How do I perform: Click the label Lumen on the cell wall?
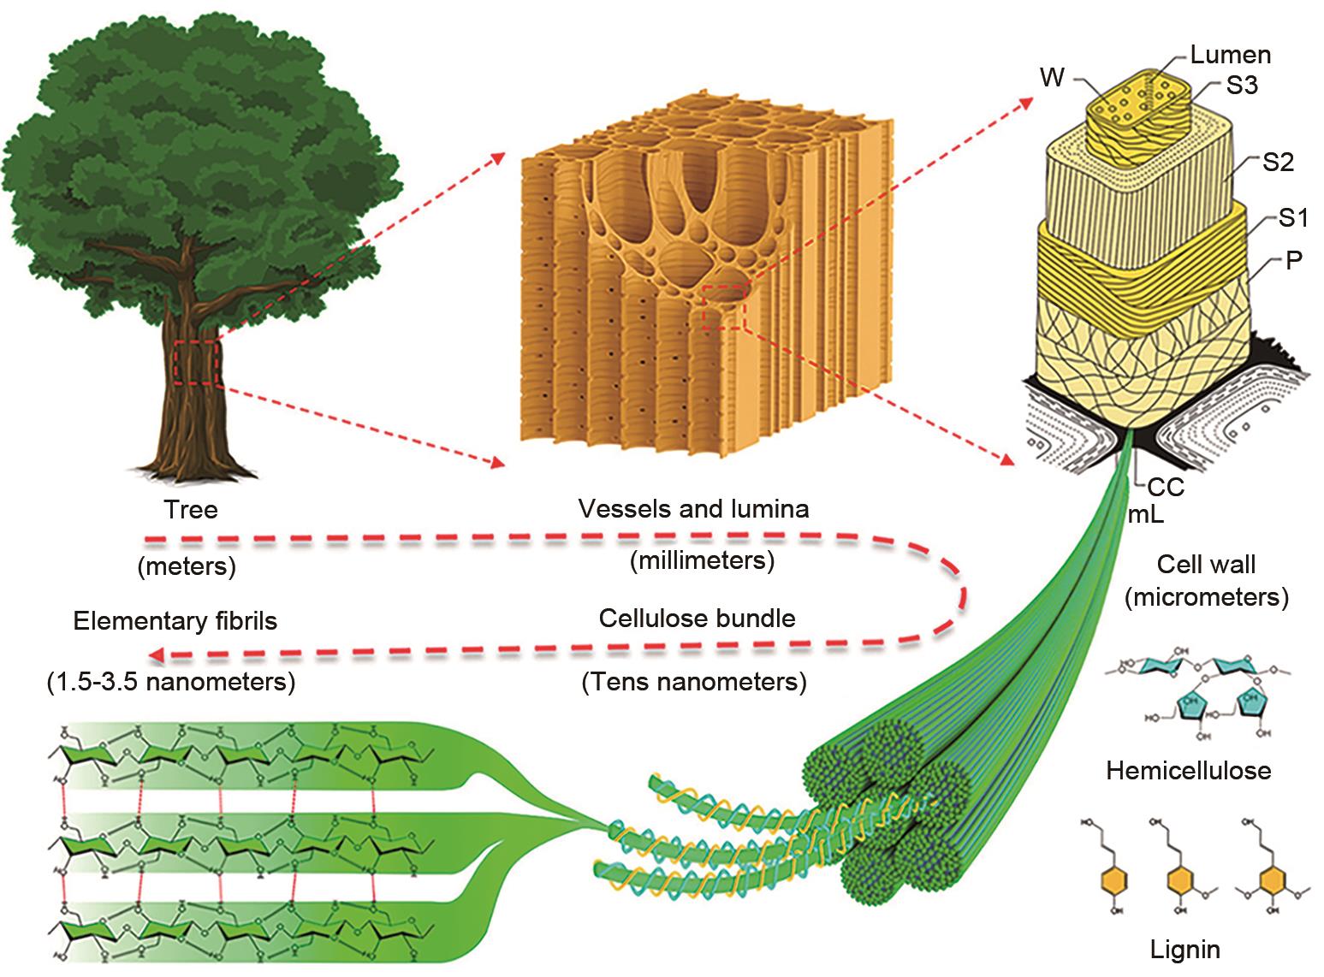(1230, 56)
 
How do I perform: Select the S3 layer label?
(1241, 86)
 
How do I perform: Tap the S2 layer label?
(1278, 162)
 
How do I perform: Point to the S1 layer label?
(1293, 219)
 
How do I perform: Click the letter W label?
(1053, 78)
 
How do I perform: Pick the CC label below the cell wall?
(1166, 488)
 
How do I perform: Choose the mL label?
(1146, 514)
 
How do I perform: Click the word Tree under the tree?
(191, 511)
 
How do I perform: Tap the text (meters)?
(187, 566)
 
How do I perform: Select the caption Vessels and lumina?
(693, 509)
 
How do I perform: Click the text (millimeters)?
(702, 561)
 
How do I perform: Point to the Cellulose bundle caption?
(698, 619)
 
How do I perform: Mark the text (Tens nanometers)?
(694, 683)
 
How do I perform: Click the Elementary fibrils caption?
(175, 621)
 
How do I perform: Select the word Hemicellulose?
(1189, 771)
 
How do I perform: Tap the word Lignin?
(1185, 949)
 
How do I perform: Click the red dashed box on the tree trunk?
(197, 361)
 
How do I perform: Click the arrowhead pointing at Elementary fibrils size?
(157, 655)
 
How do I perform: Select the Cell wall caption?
(1206, 565)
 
